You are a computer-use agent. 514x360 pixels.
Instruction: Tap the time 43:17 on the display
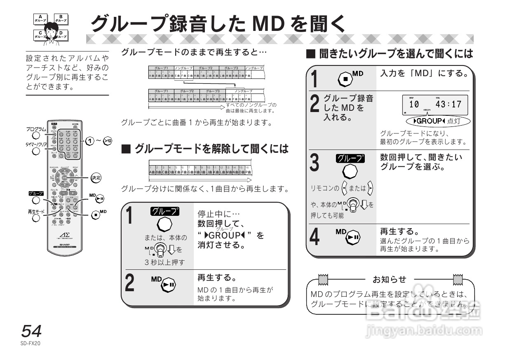coord(448,104)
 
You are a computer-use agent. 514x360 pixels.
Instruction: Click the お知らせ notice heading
coord(389,280)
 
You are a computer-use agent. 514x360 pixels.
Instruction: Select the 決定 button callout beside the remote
coord(96,178)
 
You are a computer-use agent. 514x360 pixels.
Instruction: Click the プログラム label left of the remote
coord(36,129)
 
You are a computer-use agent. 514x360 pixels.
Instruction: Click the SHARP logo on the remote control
coord(65,244)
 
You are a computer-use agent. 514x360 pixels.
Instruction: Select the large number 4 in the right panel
coord(315,238)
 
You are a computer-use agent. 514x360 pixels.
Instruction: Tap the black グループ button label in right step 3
coord(350,158)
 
